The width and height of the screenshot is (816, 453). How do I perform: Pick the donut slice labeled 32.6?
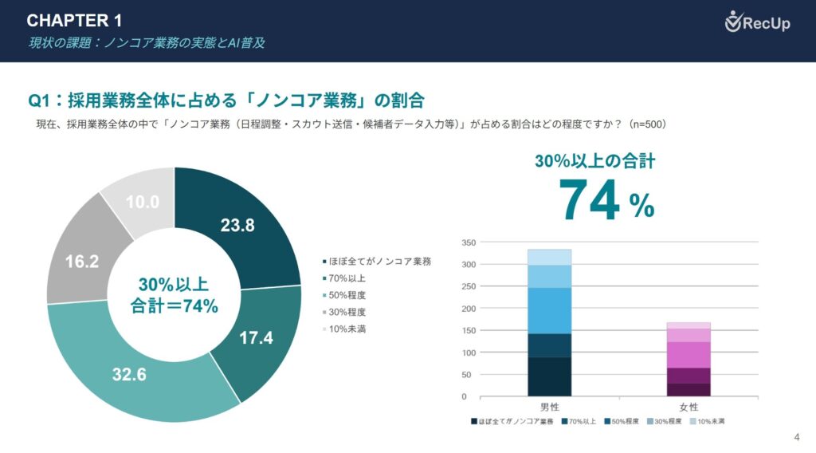128,373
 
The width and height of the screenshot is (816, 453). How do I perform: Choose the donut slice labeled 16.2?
81,260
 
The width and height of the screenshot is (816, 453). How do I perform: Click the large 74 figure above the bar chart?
590,199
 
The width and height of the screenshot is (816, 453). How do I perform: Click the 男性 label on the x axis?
549,407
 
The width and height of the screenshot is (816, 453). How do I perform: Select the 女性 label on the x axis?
688,407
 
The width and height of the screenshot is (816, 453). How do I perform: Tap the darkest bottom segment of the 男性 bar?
549,376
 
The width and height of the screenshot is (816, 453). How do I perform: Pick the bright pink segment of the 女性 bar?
688,354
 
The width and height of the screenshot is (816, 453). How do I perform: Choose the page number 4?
797,436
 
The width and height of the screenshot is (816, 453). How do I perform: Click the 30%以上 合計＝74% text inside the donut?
174,295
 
